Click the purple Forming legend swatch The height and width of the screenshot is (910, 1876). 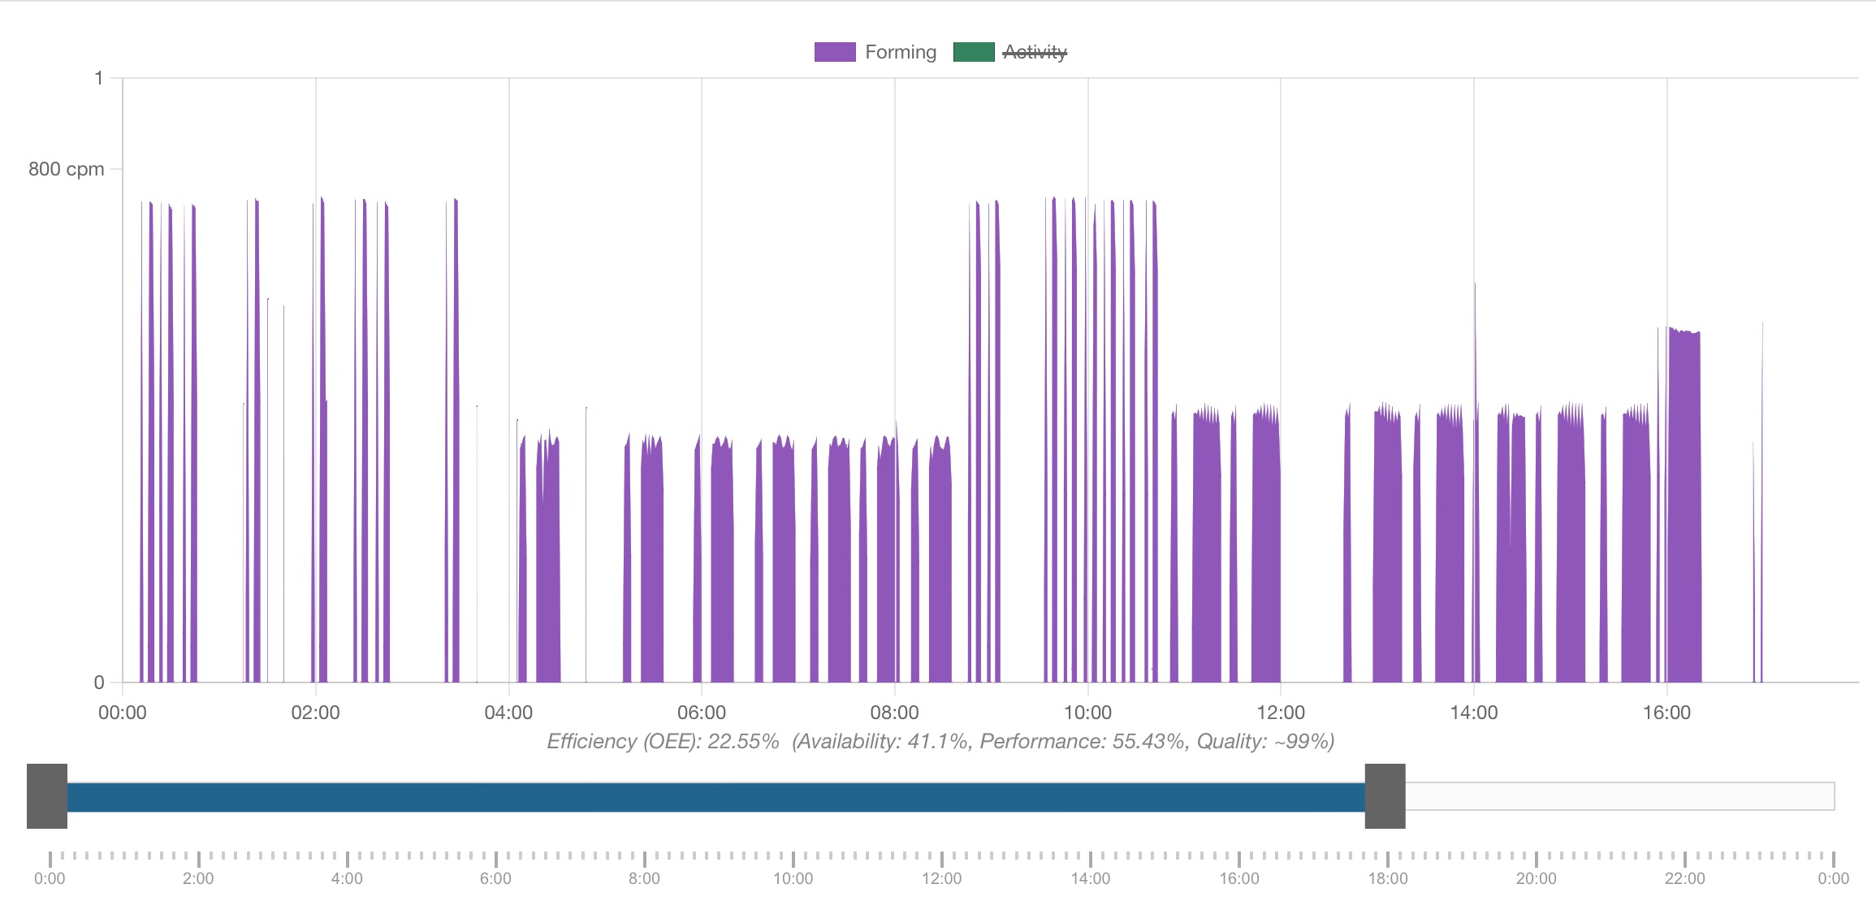coord(835,52)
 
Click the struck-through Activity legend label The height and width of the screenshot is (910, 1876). coord(1035,52)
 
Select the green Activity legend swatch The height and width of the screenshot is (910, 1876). coord(974,52)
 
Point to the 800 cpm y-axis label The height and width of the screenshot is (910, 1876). coord(66,169)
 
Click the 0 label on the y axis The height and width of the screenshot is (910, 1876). coord(99,682)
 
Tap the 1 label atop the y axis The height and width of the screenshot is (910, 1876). coord(99,78)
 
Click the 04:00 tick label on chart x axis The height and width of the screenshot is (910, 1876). coord(508,713)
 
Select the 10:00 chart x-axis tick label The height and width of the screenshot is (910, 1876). coord(1087,713)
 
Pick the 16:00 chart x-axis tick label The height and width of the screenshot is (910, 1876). coord(1666,713)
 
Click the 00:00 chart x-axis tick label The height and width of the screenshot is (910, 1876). coord(123,713)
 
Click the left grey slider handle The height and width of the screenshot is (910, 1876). coord(47,796)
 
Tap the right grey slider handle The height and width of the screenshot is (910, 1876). coord(1385,796)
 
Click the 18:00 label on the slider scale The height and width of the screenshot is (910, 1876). coord(1387,878)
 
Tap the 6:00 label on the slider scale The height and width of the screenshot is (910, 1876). coord(495,878)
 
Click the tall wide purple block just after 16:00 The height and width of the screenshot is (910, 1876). coord(1684,504)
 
